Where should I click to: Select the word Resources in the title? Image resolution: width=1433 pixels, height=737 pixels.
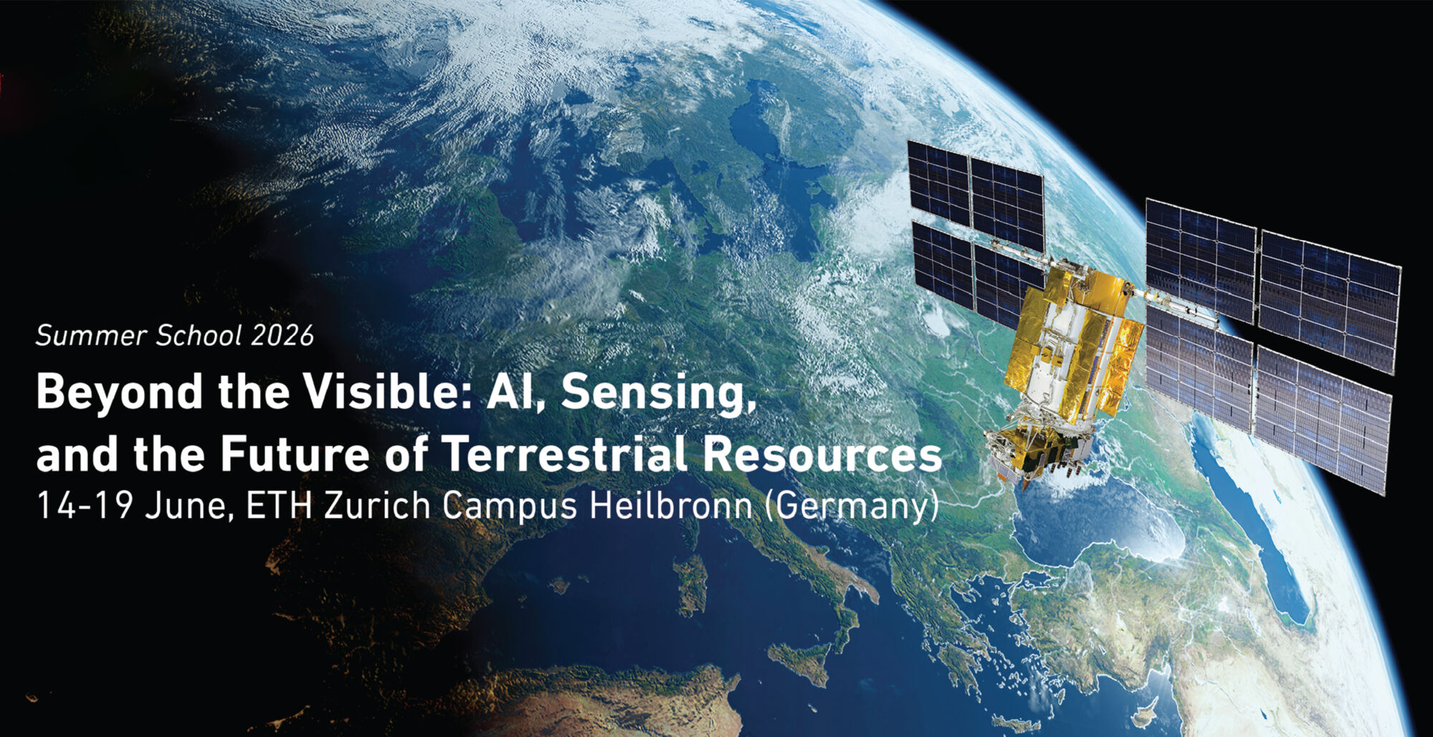tap(822, 454)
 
